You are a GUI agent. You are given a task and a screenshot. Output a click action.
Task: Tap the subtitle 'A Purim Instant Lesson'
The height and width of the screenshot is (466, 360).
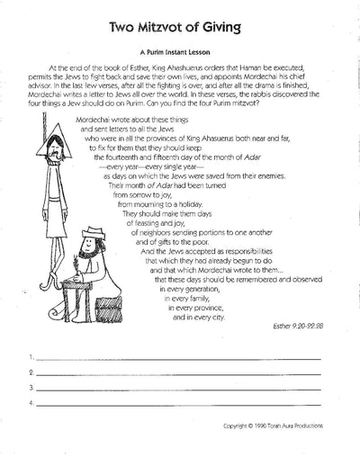click(x=179, y=53)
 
